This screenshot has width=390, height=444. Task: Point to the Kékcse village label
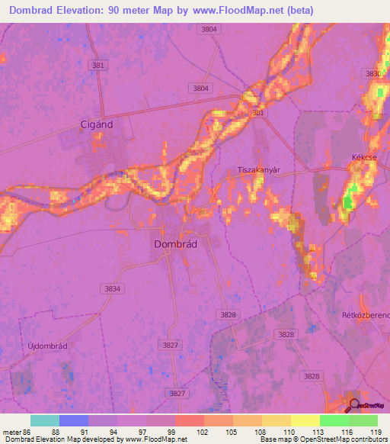364,157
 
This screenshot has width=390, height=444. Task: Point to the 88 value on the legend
56,431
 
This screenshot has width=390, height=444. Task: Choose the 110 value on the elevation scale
290,431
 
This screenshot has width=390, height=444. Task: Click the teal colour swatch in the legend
45,420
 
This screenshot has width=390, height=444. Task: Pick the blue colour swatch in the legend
74,420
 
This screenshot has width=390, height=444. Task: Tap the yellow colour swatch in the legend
305,420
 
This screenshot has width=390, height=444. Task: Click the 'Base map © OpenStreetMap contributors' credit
321,439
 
